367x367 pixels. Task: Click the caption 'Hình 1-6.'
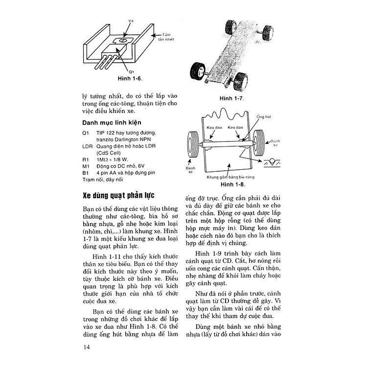tap(129, 78)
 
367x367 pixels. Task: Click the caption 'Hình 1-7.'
tap(231, 98)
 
